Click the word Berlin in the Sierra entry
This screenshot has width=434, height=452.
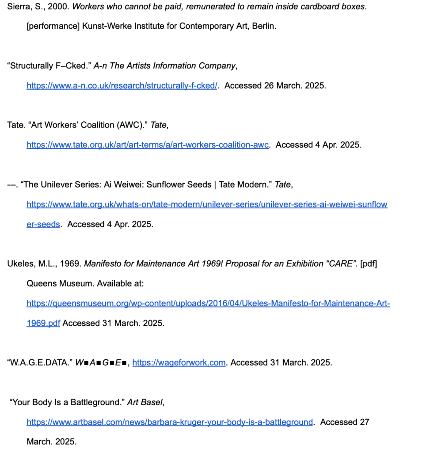263,26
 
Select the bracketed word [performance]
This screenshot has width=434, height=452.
53,26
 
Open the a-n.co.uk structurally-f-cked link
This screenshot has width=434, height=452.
122,86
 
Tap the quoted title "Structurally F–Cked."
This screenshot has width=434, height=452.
49,66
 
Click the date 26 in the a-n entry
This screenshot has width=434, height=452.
269,86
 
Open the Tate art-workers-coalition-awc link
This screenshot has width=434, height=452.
147,145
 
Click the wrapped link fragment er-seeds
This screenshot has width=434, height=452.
43,224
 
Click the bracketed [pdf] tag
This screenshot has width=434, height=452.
369,264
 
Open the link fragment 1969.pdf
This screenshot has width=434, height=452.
43,323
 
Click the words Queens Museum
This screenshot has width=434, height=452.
60,283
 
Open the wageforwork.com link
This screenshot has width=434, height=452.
179,363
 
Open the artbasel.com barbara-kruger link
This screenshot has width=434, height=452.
170,422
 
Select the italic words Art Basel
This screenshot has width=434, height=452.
145,402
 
